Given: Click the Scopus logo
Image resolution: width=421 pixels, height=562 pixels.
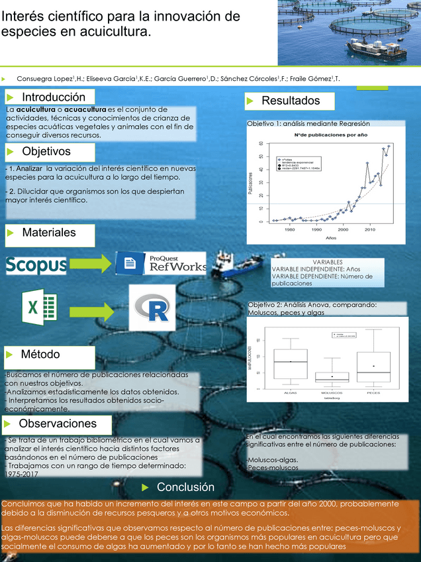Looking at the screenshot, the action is point(36,266).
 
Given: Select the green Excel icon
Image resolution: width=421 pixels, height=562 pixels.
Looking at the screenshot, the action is point(40,308).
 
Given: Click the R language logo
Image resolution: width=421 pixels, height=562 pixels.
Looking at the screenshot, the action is point(156,308).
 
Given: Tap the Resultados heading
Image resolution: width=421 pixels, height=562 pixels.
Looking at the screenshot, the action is point(291,101).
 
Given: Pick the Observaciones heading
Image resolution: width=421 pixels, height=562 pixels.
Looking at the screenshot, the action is point(58,423).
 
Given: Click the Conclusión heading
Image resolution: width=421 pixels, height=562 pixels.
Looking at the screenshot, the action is point(185,488).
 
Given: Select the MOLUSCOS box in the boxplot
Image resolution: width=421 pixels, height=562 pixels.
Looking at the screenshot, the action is point(332,377).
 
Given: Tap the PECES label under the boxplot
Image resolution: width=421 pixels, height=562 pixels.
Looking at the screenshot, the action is point(373,394).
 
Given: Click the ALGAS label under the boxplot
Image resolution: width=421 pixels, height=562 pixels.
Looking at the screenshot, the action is point(290,394).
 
